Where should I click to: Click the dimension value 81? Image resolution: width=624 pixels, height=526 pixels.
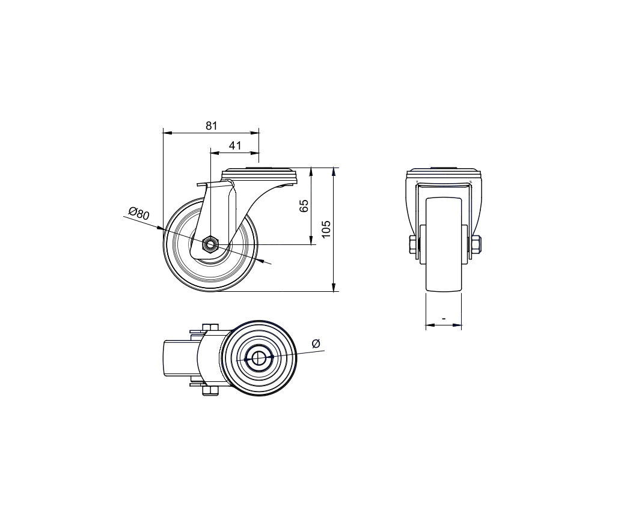click(x=212, y=125)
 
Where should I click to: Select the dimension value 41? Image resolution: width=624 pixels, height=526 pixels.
click(x=235, y=145)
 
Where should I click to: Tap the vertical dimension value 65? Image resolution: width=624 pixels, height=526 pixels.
click(x=304, y=206)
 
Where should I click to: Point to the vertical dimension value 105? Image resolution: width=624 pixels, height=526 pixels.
click(x=326, y=229)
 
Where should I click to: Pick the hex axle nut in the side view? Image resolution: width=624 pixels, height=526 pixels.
click(x=210, y=244)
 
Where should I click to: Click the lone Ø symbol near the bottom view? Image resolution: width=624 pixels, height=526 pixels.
click(x=316, y=343)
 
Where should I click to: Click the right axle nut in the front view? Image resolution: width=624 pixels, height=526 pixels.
click(x=477, y=244)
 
